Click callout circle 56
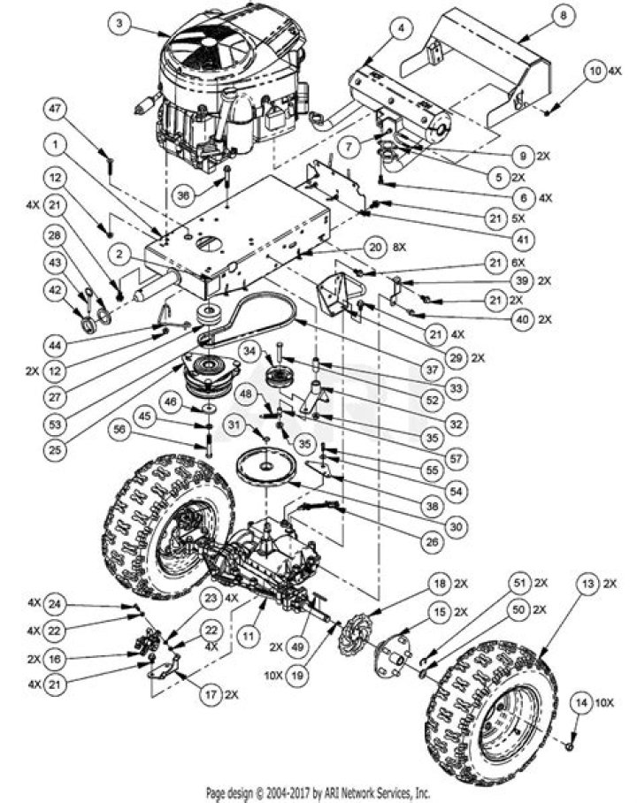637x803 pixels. [x=119, y=428]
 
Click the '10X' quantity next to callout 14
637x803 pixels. [x=605, y=703]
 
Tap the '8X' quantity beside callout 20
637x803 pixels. [x=400, y=248]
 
